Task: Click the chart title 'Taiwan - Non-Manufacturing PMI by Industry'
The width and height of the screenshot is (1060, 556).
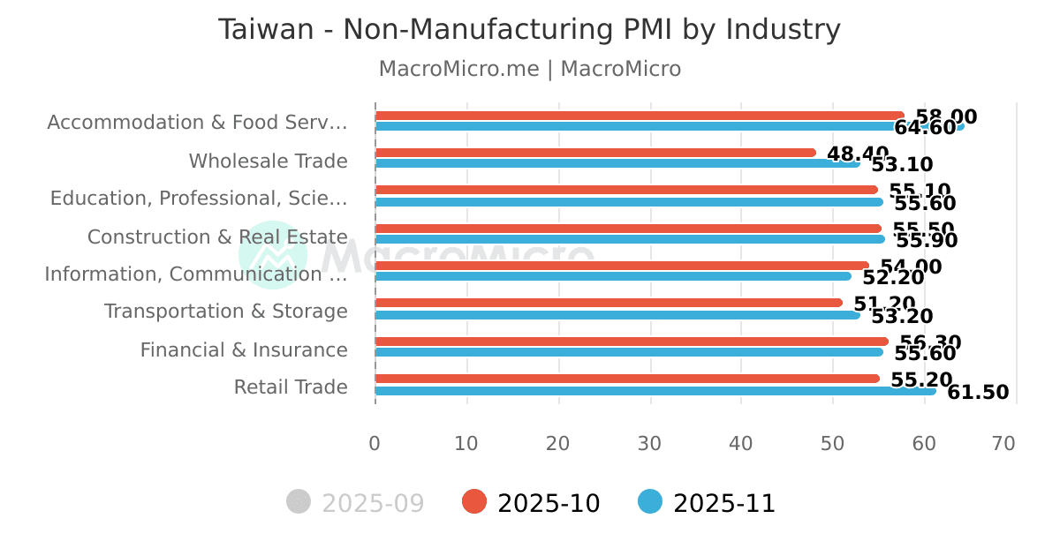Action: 529,30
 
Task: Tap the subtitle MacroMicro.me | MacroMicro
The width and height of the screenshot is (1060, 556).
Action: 529,69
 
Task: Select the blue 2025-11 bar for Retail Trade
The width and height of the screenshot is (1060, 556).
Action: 654,391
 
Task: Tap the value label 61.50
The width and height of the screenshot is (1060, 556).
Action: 978,393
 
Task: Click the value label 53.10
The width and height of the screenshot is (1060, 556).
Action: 902,164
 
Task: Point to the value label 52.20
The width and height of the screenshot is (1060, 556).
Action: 893,278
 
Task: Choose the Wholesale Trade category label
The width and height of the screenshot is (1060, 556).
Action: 268,162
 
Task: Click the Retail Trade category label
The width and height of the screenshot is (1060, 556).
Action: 291,387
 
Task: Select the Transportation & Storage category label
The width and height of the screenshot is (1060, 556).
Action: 226,312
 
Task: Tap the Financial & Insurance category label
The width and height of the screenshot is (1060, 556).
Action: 244,350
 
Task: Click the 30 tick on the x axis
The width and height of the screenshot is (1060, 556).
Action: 649,443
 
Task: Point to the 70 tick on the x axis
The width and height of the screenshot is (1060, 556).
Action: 1003,443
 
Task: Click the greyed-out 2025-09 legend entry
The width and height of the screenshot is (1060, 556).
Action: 356,503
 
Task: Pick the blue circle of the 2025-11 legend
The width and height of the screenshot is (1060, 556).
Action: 650,502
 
